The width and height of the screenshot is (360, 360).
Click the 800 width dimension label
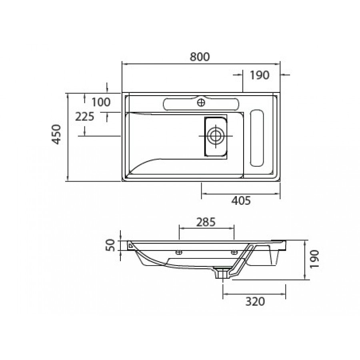[200, 57]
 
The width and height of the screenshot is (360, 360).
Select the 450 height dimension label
[56, 134]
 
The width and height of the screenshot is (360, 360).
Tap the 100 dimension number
[101, 102]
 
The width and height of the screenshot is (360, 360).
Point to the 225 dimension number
[85, 117]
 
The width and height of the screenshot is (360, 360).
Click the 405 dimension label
[241, 201]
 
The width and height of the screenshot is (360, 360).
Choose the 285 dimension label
[206, 222]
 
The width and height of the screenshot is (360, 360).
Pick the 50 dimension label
[110, 245]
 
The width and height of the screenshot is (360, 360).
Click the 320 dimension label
[255, 301]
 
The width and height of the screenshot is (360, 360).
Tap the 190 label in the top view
[260, 75]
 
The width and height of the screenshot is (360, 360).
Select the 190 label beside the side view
[314, 259]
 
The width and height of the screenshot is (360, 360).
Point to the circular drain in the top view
[216, 136]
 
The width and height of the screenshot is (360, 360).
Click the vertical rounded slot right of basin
[257, 138]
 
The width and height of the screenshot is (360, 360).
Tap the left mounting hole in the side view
[179, 252]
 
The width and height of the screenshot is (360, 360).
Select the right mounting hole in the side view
[234, 252]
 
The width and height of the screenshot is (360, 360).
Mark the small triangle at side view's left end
[130, 246]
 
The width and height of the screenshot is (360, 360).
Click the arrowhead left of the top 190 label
[240, 75]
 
